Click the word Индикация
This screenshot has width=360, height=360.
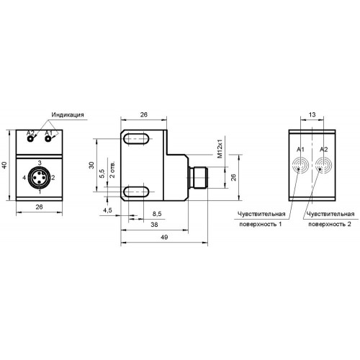click(x=68, y=114)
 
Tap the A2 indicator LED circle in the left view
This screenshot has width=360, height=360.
click(x=30, y=139)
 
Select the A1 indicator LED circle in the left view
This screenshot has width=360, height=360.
click(x=48, y=139)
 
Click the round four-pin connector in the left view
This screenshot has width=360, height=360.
click(x=39, y=177)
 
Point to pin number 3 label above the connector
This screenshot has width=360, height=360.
click(x=40, y=163)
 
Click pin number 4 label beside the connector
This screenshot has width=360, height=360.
click(x=24, y=178)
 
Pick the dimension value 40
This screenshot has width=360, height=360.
click(x=4, y=165)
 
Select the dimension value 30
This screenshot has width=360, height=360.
click(x=91, y=165)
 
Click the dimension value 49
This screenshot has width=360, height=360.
click(x=164, y=238)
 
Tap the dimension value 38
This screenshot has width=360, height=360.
click(x=154, y=225)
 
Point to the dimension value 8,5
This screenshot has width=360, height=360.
click(x=157, y=213)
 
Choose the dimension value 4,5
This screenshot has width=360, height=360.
click(x=107, y=210)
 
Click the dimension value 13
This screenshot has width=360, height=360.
click(x=312, y=114)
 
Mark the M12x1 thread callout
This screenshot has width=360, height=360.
click(x=220, y=147)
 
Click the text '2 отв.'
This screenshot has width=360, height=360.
click(x=112, y=169)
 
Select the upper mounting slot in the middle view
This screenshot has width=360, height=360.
click(x=137, y=139)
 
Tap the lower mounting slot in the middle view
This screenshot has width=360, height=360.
click(x=137, y=192)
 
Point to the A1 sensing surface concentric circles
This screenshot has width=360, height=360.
click(x=300, y=166)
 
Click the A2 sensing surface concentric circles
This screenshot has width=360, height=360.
click(x=323, y=166)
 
